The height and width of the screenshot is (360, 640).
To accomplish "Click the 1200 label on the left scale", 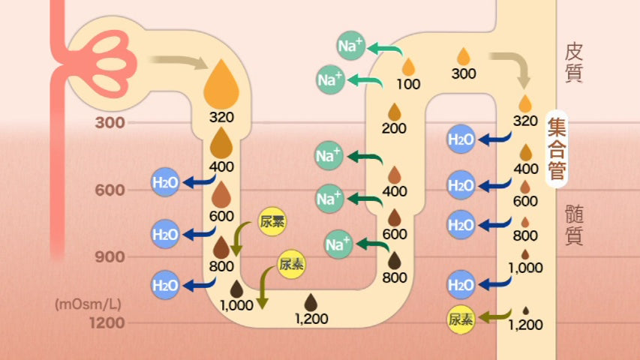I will click(x=106, y=323).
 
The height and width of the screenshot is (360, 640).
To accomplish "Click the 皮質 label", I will click(x=574, y=62).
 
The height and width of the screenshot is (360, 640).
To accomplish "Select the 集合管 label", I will click(x=556, y=150).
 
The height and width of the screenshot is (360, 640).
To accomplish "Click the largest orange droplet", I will click(x=222, y=83).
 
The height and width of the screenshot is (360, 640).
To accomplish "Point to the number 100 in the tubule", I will click(x=408, y=84).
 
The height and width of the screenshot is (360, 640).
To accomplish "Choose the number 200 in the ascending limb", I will click(x=394, y=127).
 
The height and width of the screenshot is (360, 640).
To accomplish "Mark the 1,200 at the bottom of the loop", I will click(x=311, y=319).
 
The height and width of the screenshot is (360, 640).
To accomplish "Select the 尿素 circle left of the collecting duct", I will click(x=461, y=319).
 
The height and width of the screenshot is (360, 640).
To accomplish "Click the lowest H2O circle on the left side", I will click(x=165, y=285).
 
